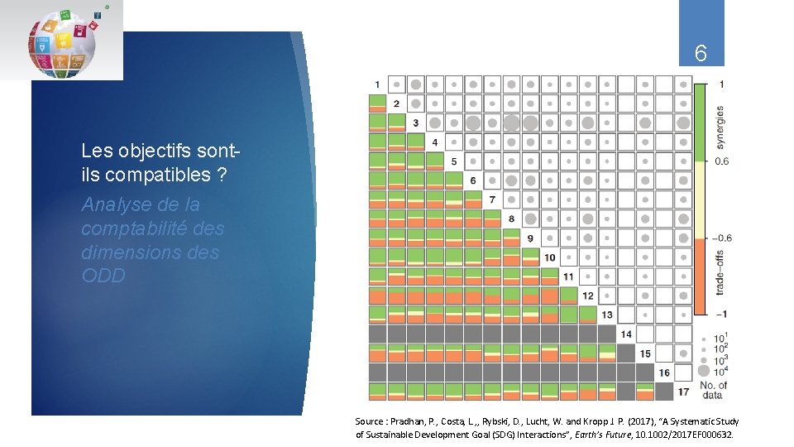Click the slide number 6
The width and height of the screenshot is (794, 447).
[x=701, y=55]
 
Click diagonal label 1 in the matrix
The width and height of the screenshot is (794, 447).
[x=378, y=84]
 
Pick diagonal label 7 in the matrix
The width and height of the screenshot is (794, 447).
[x=492, y=199]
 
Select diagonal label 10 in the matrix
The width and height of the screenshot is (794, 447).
[x=548, y=257]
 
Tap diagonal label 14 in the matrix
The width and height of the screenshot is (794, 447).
[x=626, y=334]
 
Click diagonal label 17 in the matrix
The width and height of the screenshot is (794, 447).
[x=683, y=392]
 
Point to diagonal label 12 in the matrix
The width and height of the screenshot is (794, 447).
[x=588, y=296]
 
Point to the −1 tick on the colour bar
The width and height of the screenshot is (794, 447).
[x=722, y=314]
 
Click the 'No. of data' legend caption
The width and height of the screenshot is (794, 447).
[x=713, y=390]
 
